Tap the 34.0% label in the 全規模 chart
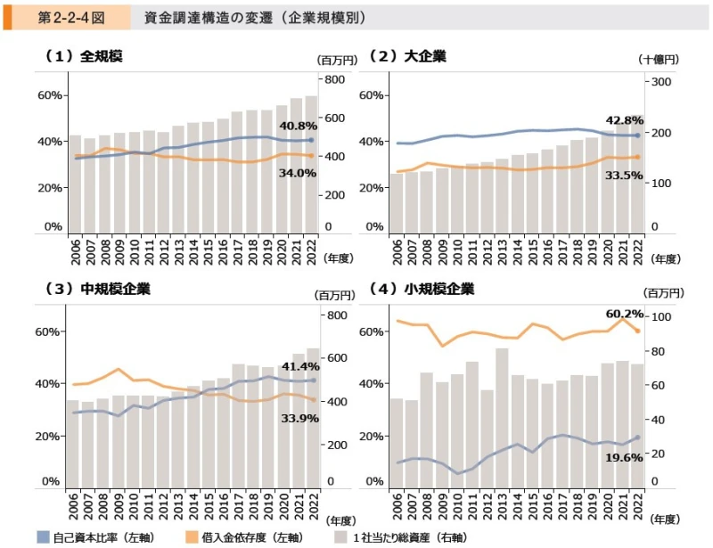tap(298, 173)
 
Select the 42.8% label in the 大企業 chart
tap(624, 120)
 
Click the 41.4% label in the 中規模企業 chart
tap(299, 366)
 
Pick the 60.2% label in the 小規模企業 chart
tap(624, 314)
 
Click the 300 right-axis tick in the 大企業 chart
tap(660, 82)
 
